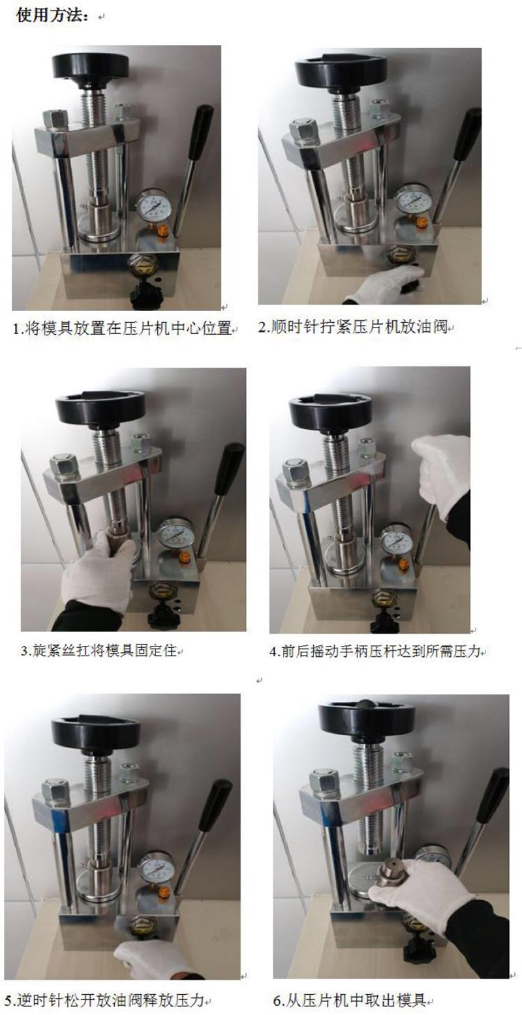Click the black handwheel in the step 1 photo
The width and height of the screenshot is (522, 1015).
pos(89,68)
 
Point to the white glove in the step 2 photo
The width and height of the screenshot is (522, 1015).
pos(386,284)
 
